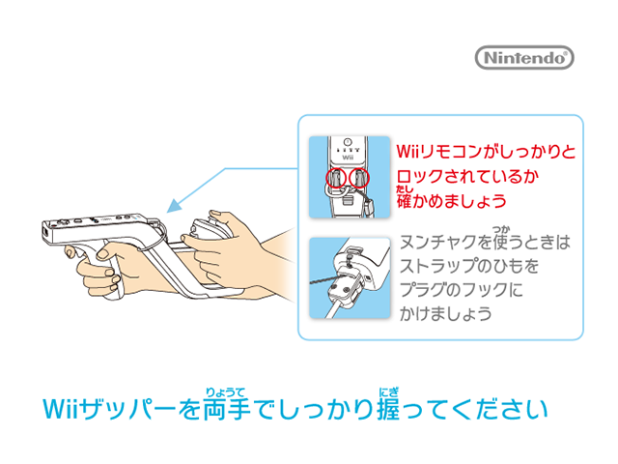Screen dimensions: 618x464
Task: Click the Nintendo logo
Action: [524, 58]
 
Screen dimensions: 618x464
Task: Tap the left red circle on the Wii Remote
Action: [336, 178]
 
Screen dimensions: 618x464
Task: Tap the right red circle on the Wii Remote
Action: [359, 177]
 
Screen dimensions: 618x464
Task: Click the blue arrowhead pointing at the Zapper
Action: [174, 206]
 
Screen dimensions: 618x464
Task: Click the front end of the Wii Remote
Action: [47, 233]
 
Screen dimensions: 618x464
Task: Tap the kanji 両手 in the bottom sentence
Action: [227, 409]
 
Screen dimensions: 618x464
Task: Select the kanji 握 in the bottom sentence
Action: [388, 409]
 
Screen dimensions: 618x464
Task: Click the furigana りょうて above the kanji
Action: [225, 392]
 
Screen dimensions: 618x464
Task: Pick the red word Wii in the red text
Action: [407, 152]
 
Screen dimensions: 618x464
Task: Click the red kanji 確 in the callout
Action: [405, 201]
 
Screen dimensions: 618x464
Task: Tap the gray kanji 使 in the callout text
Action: [501, 242]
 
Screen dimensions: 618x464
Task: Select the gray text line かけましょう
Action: [446, 314]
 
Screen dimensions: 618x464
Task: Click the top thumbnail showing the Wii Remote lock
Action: [350, 177]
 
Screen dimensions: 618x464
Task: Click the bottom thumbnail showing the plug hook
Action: [350, 277]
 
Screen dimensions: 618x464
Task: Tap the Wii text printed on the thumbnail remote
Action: [348, 158]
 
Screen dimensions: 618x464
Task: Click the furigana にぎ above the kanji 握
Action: [388, 392]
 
